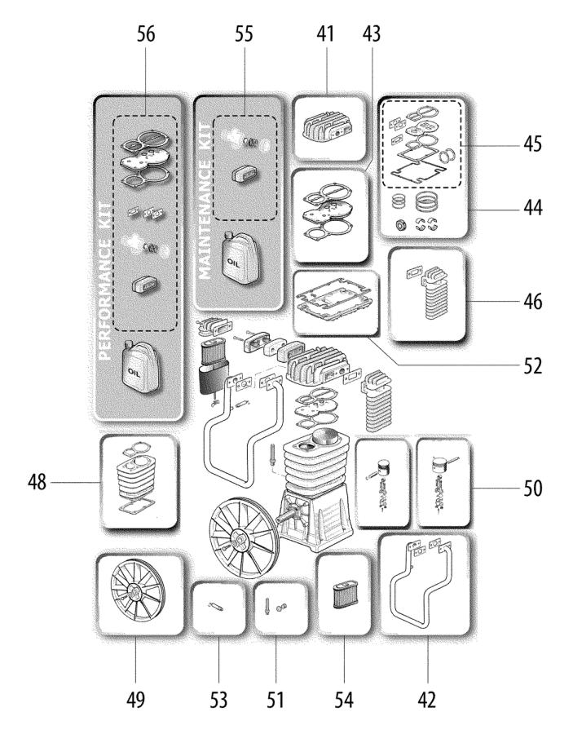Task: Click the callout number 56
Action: point(146,35)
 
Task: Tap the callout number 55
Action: point(244,35)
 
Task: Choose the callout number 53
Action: point(218,699)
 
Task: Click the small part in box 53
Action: point(216,607)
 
